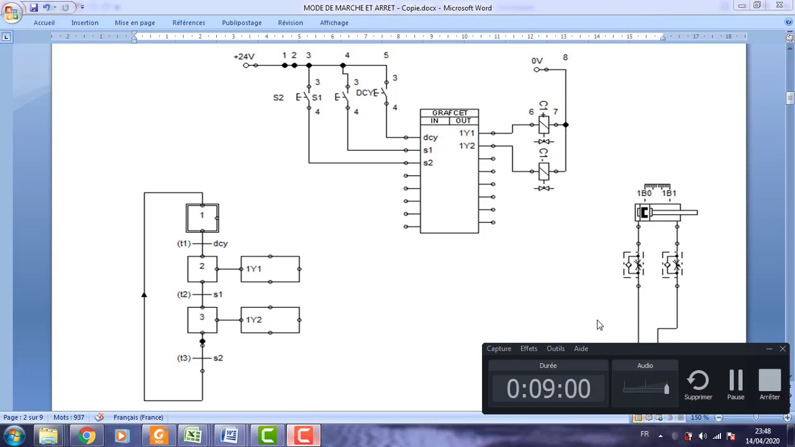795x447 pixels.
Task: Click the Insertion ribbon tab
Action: (x=85, y=23)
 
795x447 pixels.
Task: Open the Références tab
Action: (x=189, y=23)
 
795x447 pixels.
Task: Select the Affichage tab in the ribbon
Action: (x=334, y=23)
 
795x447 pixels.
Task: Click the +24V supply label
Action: (x=244, y=56)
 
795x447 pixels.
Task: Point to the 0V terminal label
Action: (x=537, y=61)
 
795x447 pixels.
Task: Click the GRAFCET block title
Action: (x=450, y=113)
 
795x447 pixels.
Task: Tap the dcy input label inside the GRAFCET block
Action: (x=430, y=137)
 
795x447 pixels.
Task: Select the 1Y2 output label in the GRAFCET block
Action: (x=466, y=146)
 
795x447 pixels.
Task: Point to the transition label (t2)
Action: (x=184, y=294)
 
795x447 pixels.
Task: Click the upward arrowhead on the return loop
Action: (x=144, y=295)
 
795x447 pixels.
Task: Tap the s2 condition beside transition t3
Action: (x=218, y=358)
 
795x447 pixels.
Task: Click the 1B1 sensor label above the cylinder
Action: (x=669, y=193)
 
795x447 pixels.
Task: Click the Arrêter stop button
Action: (x=770, y=384)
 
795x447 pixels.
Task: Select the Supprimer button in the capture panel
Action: (x=698, y=384)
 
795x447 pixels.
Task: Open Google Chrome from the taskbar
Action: (x=86, y=435)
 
